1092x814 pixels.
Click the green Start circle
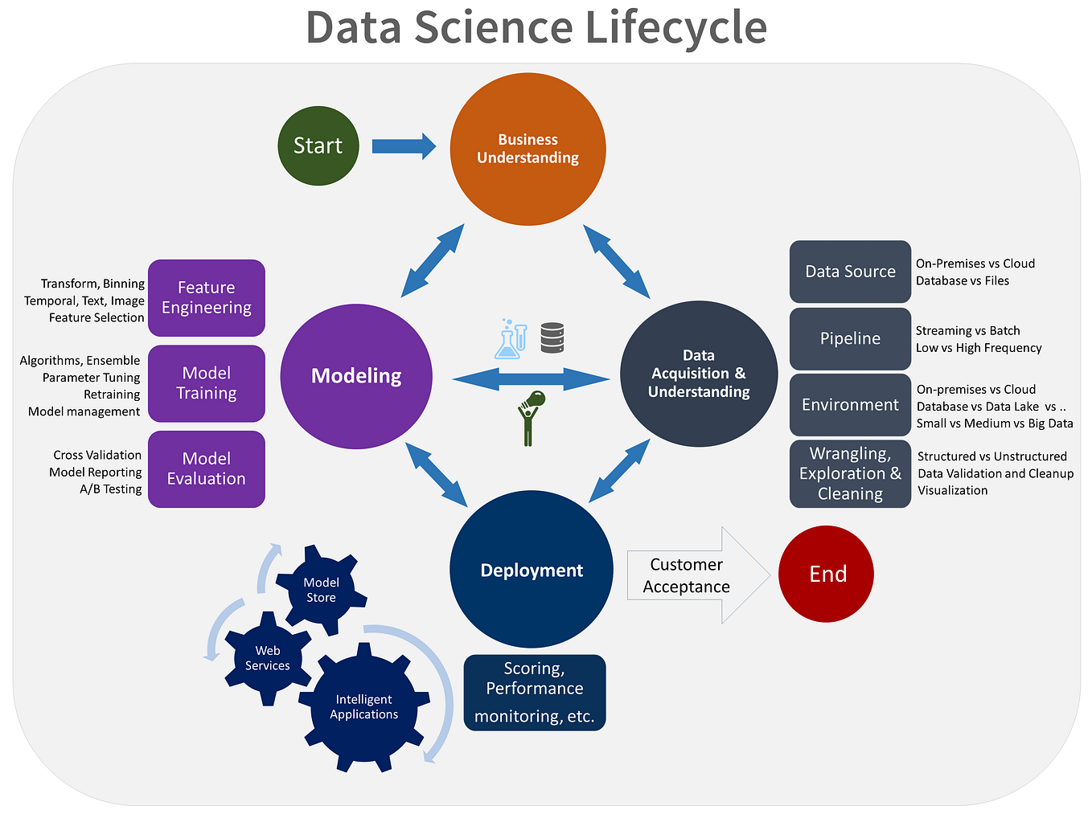point(318,145)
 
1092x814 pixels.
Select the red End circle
point(826,574)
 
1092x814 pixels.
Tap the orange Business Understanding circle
point(528,149)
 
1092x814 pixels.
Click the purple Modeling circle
point(356,376)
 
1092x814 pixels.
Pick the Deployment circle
point(532,571)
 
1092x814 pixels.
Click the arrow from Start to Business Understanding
point(403,146)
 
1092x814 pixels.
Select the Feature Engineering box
point(207,297)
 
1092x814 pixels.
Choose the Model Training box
point(207,383)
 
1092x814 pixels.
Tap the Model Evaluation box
point(207,468)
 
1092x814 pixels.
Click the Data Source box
point(850,272)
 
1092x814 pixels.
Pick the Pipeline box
point(850,338)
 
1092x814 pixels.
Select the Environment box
point(850,405)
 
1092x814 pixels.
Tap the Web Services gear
point(267,658)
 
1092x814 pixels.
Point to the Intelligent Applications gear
point(364,707)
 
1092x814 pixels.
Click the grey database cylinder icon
point(552,338)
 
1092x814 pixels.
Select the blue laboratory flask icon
point(510,340)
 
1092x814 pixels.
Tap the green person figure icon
point(529,417)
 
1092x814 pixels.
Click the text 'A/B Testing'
point(110,489)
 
